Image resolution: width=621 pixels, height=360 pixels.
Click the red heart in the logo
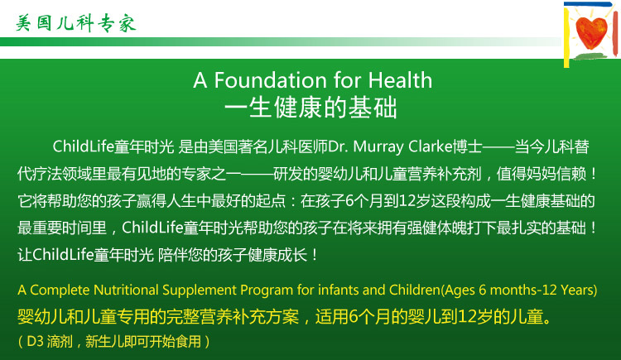(591, 32)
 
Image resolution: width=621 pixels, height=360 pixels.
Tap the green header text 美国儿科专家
(76, 23)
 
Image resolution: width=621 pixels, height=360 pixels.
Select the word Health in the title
(400, 80)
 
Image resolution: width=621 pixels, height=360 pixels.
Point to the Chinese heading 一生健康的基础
(310, 108)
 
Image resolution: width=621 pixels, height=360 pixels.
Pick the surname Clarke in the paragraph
(431, 146)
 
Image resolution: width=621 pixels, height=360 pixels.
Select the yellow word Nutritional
(126, 290)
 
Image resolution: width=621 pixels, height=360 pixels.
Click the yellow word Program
(267, 290)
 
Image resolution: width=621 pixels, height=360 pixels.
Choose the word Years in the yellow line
(577, 290)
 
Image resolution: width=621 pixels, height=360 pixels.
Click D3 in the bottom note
(35, 342)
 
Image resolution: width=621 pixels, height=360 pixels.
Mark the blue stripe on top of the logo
(588, 4)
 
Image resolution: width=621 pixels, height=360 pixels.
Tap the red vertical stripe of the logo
(615, 33)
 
